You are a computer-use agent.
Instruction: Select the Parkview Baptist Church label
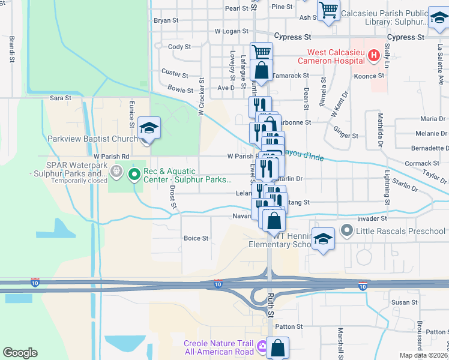click(92, 139)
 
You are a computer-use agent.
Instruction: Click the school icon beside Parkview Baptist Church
click(148, 128)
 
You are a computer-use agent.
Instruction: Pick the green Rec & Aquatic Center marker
click(134, 175)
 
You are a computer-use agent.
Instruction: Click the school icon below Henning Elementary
click(323, 240)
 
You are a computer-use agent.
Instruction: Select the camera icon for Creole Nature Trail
click(262, 347)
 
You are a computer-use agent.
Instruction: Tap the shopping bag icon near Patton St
click(278, 347)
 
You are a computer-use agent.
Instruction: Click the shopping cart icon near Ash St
click(328, 10)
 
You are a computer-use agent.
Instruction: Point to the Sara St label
click(60, 97)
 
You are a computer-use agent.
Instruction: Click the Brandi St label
click(11, 49)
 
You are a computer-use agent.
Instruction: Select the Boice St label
click(196, 238)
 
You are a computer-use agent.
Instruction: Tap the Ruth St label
click(271, 314)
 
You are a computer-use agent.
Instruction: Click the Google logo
click(20, 353)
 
